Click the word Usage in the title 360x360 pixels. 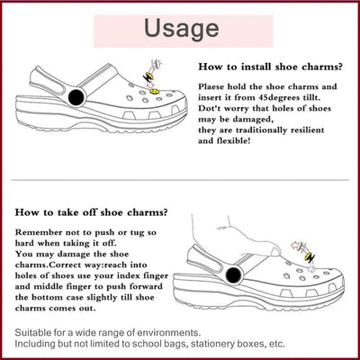[180, 28]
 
